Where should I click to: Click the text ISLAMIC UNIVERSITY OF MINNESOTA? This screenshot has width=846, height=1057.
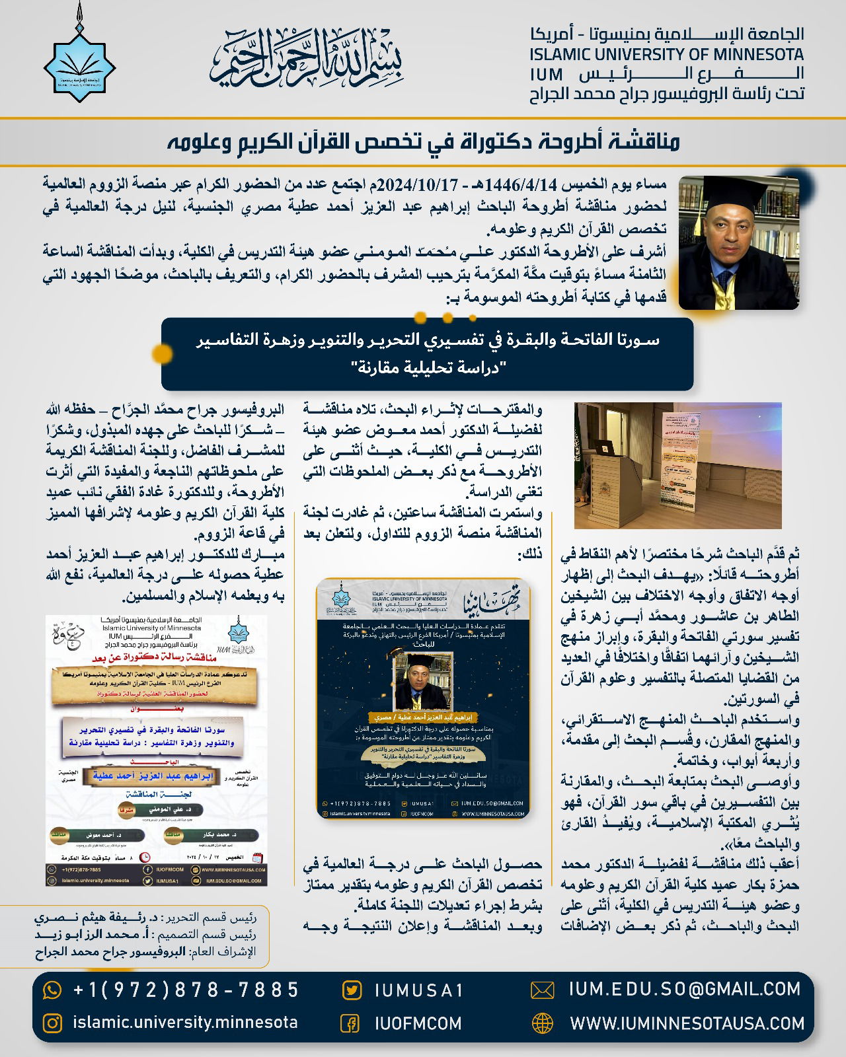click(667, 54)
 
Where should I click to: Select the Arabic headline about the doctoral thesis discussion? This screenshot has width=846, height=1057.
click(423, 141)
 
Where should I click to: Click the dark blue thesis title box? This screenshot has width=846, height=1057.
click(427, 353)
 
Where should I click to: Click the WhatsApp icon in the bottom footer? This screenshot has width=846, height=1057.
click(52, 990)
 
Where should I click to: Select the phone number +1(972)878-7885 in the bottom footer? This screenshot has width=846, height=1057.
click(186, 990)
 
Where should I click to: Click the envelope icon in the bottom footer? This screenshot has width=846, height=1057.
click(542, 990)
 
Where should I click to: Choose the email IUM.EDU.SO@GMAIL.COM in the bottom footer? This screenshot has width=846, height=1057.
click(684, 989)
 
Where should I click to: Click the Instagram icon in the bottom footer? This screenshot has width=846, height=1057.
click(52, 1023)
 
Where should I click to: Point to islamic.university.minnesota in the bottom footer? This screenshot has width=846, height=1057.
click(185, 1023)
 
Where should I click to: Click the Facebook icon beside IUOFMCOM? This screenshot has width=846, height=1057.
click(350, 1023)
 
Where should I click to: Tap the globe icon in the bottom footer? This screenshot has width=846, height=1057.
click(542, 1023)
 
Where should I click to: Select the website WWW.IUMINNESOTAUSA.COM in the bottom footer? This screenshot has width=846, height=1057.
click(687, 1023)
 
